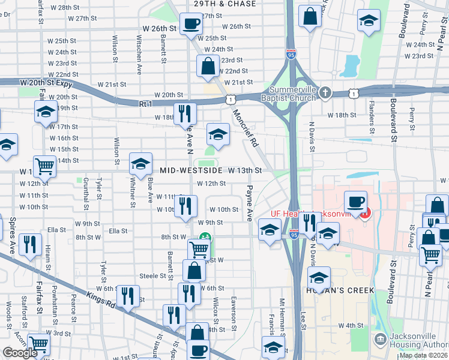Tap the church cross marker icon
(325, 92)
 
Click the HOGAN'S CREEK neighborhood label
(340, 290)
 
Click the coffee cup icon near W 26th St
(191, 23)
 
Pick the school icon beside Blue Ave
(140, 163)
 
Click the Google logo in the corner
(20, 353)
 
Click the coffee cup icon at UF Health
(355, 201)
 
